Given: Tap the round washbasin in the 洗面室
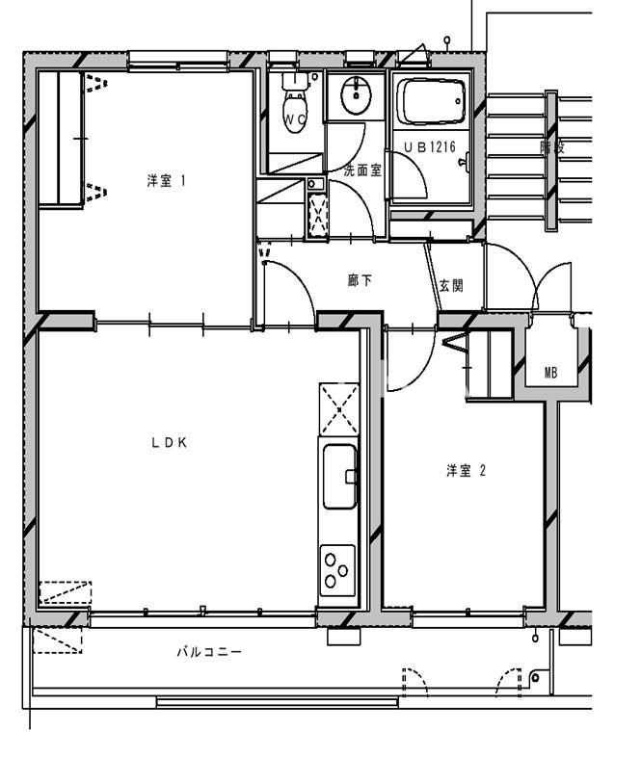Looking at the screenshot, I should [x=356, y=93].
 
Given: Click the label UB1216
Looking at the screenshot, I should [x=430, y=147].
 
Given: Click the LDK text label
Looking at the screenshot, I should [x=168, y=443].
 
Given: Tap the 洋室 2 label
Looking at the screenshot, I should [x=465, y=471].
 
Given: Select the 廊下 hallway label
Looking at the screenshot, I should [x=360, y=281].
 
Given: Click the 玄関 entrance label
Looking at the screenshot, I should [x=451, y=285].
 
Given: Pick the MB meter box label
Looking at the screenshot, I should [x=550, y=372].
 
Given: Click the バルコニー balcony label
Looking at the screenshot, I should [x=208, y=652].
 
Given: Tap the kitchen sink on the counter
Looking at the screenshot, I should [x=339, y=476].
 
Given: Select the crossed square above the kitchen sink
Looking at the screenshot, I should [x=338, y=408].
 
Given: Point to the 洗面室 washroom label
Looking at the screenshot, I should [x=362, y=170].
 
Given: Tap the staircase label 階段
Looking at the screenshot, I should [x=551, y=147].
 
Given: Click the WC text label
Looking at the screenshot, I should [x=294, y=119].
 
